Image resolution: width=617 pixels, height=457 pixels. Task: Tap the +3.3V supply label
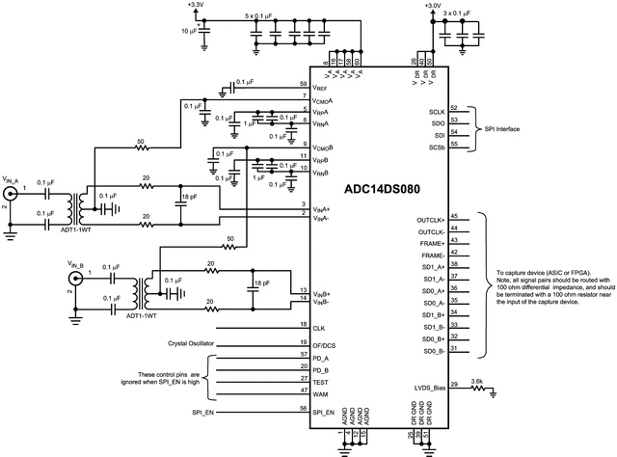196,6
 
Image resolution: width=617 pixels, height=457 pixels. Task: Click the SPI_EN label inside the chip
324,411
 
